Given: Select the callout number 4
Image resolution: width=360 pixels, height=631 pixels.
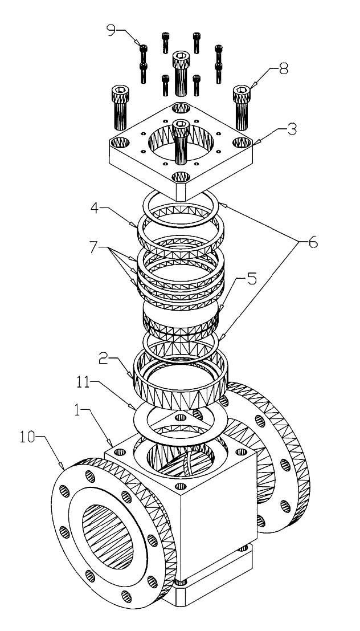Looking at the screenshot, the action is (94, 209).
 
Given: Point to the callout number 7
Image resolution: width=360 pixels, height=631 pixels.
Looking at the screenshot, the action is (95, 247).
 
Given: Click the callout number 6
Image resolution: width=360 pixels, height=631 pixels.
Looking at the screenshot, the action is (313, 242).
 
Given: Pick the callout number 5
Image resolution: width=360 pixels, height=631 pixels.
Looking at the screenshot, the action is (252, 279).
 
